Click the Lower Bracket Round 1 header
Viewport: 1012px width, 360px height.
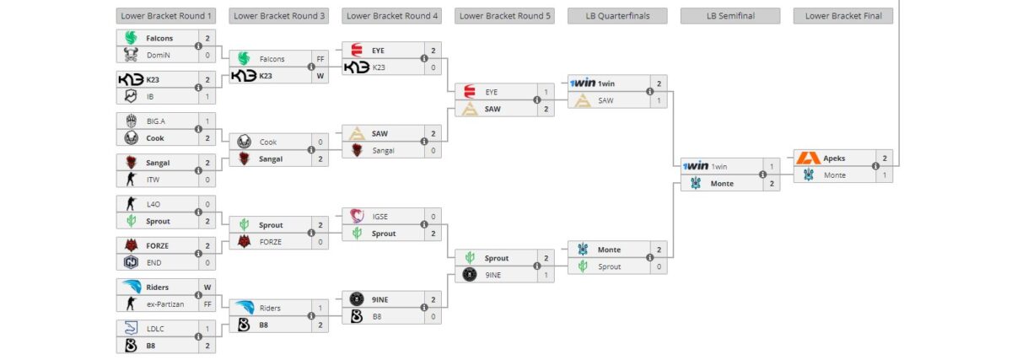pos(166,15)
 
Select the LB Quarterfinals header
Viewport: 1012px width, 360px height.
pos(617,15)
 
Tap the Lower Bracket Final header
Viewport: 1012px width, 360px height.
pos(842,15)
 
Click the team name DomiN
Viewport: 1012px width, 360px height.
pos(159,55)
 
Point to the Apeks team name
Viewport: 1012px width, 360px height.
pos(835,158)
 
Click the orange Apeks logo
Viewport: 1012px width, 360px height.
pos(809,158)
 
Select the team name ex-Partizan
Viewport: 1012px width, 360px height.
pos(166,304)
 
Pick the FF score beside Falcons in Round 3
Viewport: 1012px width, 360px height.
pos(320,59)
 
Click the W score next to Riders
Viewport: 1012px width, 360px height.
pos(207,287)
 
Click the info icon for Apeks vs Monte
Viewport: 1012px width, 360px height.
pos(875,166)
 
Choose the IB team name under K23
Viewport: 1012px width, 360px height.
pos(151,96)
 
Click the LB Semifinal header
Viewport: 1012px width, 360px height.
pos(729,15)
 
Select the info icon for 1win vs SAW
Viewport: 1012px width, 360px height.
pos(649,92)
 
